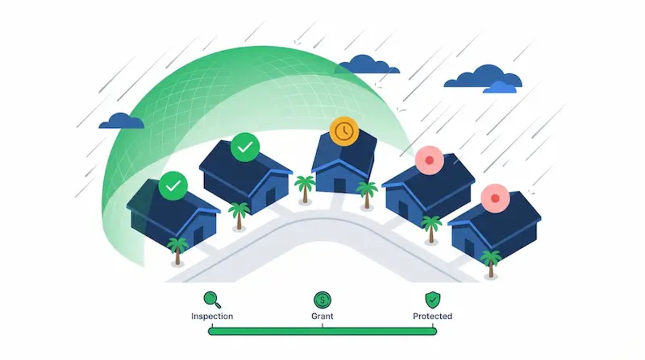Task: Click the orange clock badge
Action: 345,131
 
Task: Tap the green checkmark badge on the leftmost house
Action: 173,186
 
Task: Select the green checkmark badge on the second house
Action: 245,147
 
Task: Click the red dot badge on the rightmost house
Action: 495,198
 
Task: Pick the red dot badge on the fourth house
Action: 429,160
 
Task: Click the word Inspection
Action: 212,316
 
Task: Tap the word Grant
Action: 322,316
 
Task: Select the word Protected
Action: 433,316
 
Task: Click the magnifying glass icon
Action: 212,300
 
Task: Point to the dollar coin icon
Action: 322,300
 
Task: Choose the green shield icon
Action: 433,300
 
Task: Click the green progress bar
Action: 322,332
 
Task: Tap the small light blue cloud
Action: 500,88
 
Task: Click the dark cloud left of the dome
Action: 121,121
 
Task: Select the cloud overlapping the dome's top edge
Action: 367,64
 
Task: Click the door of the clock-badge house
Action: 340,185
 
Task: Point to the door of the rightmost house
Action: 469,248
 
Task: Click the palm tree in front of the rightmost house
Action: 491,264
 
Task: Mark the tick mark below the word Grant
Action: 322,326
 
